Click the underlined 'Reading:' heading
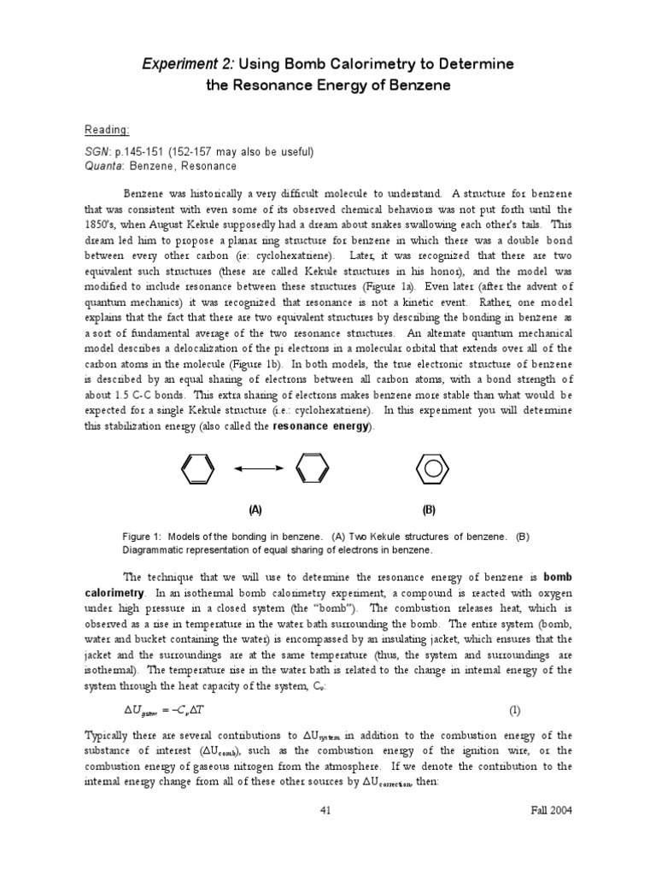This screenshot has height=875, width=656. click(107, 129)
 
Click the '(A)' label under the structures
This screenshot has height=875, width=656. click(255, 510)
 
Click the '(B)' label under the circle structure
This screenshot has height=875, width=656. click(429, 510)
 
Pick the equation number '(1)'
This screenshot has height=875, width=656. click(514, 709)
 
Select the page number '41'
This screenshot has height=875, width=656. click(325, 810)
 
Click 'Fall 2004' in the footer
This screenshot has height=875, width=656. click(549, 810)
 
